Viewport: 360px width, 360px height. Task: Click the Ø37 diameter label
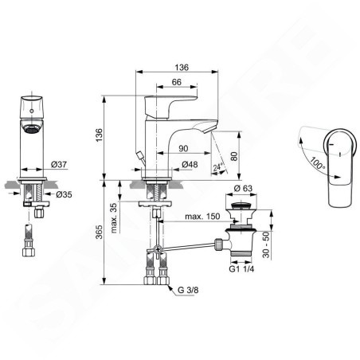click(x=59, y=165)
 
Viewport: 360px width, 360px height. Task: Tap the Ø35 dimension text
click(x=64, y=194)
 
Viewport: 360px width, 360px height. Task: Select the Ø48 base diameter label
click(x=190, y=165)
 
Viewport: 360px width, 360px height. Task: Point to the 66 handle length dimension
click(x=177, y=82)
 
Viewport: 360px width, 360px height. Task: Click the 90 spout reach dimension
click(x=183, y=148)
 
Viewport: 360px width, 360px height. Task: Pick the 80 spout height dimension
click(x=234, y=155)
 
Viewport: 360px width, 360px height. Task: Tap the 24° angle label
click(x=217, y=167)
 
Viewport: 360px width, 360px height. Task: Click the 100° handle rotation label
click(x=317, y=163)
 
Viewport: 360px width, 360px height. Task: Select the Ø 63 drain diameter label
click(x=243, y=188)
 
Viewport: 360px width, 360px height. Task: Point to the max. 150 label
click(x=202, y=217)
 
